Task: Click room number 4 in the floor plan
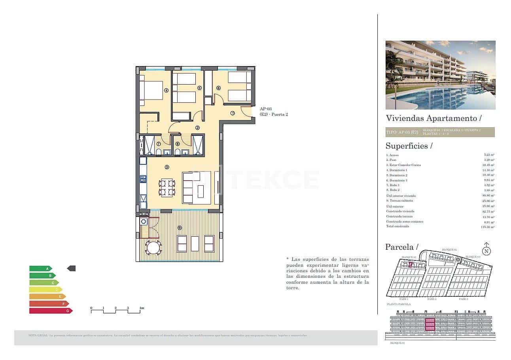(x=167, y=90)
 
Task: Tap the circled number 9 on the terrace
(x=180, y=228)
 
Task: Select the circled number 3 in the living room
(x=167, y=167)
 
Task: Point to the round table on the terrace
(x=153, y=248)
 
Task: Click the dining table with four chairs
(x=167, y=188)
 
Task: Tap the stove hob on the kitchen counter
(x=143, y=179)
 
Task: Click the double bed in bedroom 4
(x=151, y=90)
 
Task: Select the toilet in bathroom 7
(x=159, y=152)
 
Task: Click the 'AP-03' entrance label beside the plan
(x=265, y=109)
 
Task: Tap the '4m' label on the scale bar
(x=142, y=308)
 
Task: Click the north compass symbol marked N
(x=486, y=251)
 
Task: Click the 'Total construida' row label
(x=397, y=226)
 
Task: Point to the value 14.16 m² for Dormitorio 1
(x=489, y=170)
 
